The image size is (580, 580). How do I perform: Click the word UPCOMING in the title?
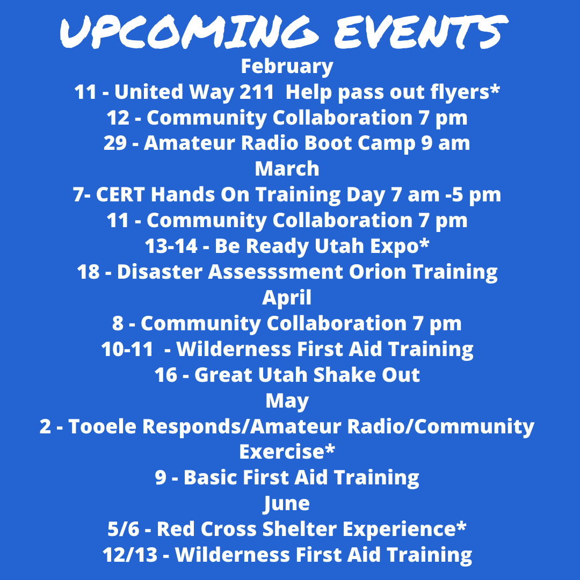[189, 32]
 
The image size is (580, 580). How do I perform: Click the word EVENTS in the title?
[422, 32]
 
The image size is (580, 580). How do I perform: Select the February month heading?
[287, 67]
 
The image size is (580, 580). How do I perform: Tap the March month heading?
[287, 169]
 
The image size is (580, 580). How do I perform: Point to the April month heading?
[287, 298]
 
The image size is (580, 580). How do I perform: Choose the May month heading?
[287, 401]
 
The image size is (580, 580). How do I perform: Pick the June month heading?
[287, 504]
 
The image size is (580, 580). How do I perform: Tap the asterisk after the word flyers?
[495, 89]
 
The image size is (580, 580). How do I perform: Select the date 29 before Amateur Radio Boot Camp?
[115, 143]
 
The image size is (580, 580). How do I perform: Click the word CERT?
[120, 194]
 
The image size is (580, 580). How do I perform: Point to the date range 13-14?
[171, 246]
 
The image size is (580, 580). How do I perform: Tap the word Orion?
[378, 272]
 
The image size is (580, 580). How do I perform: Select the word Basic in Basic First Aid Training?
[211, 477]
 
